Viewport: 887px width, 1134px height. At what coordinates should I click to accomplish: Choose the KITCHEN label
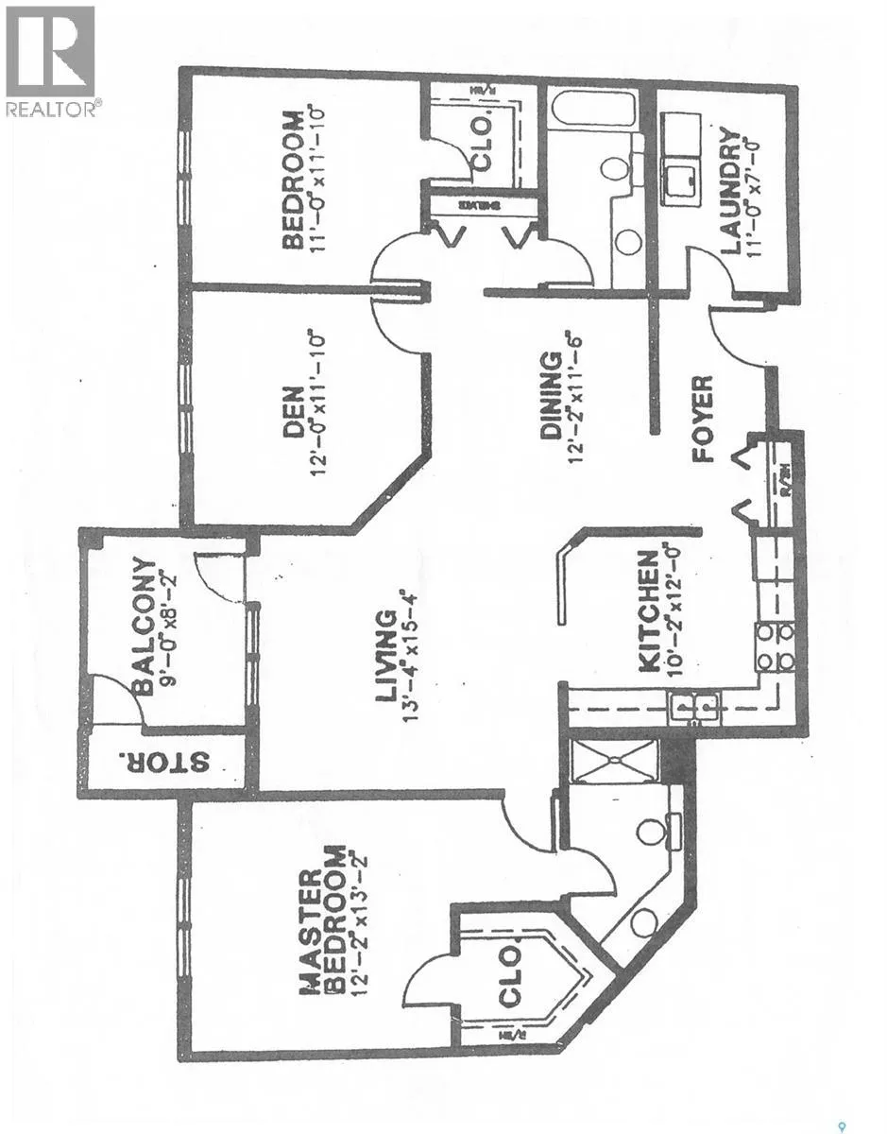(649, 611)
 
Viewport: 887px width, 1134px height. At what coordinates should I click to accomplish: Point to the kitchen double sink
(694, 706)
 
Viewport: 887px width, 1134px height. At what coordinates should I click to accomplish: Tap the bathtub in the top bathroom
(592, 106)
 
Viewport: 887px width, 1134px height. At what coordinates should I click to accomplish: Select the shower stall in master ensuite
(615, 761)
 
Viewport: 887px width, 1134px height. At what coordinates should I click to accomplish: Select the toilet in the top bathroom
(615, 169)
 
